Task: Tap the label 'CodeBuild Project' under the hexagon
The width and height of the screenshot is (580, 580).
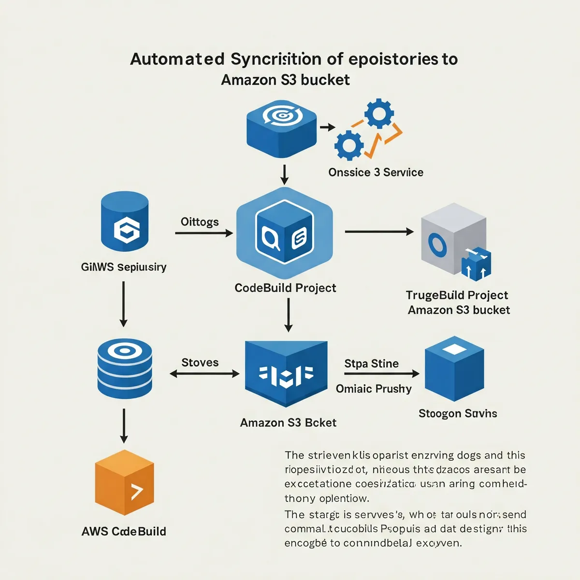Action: tap(285, 288)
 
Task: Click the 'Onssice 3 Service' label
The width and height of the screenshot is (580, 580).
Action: tap(376, 173)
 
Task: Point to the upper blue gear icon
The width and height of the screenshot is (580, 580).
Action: tap(378, 114)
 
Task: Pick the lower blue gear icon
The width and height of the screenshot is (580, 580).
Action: tap(348, 145)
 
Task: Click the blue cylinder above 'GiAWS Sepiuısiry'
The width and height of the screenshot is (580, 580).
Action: tap(125, 221)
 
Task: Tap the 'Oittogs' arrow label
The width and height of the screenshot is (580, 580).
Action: tap(200, 222)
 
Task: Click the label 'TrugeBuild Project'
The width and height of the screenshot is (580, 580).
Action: tap(457, 295)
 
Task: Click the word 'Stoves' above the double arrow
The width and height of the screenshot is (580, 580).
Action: tap(200, 362)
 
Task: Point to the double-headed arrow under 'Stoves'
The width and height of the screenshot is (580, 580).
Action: tap(204, 374)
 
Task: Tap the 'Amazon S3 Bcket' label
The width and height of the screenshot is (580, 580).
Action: tap(288, 423)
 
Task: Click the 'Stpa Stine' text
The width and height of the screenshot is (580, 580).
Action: tap(371, 363)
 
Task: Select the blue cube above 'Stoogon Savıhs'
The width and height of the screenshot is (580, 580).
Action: tap(454, 368)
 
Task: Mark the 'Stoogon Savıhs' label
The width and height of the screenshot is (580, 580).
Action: tap(457, 414)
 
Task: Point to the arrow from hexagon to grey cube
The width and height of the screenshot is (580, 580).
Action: tap(379, 232)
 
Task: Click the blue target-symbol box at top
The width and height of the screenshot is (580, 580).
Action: tap(281, 128)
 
